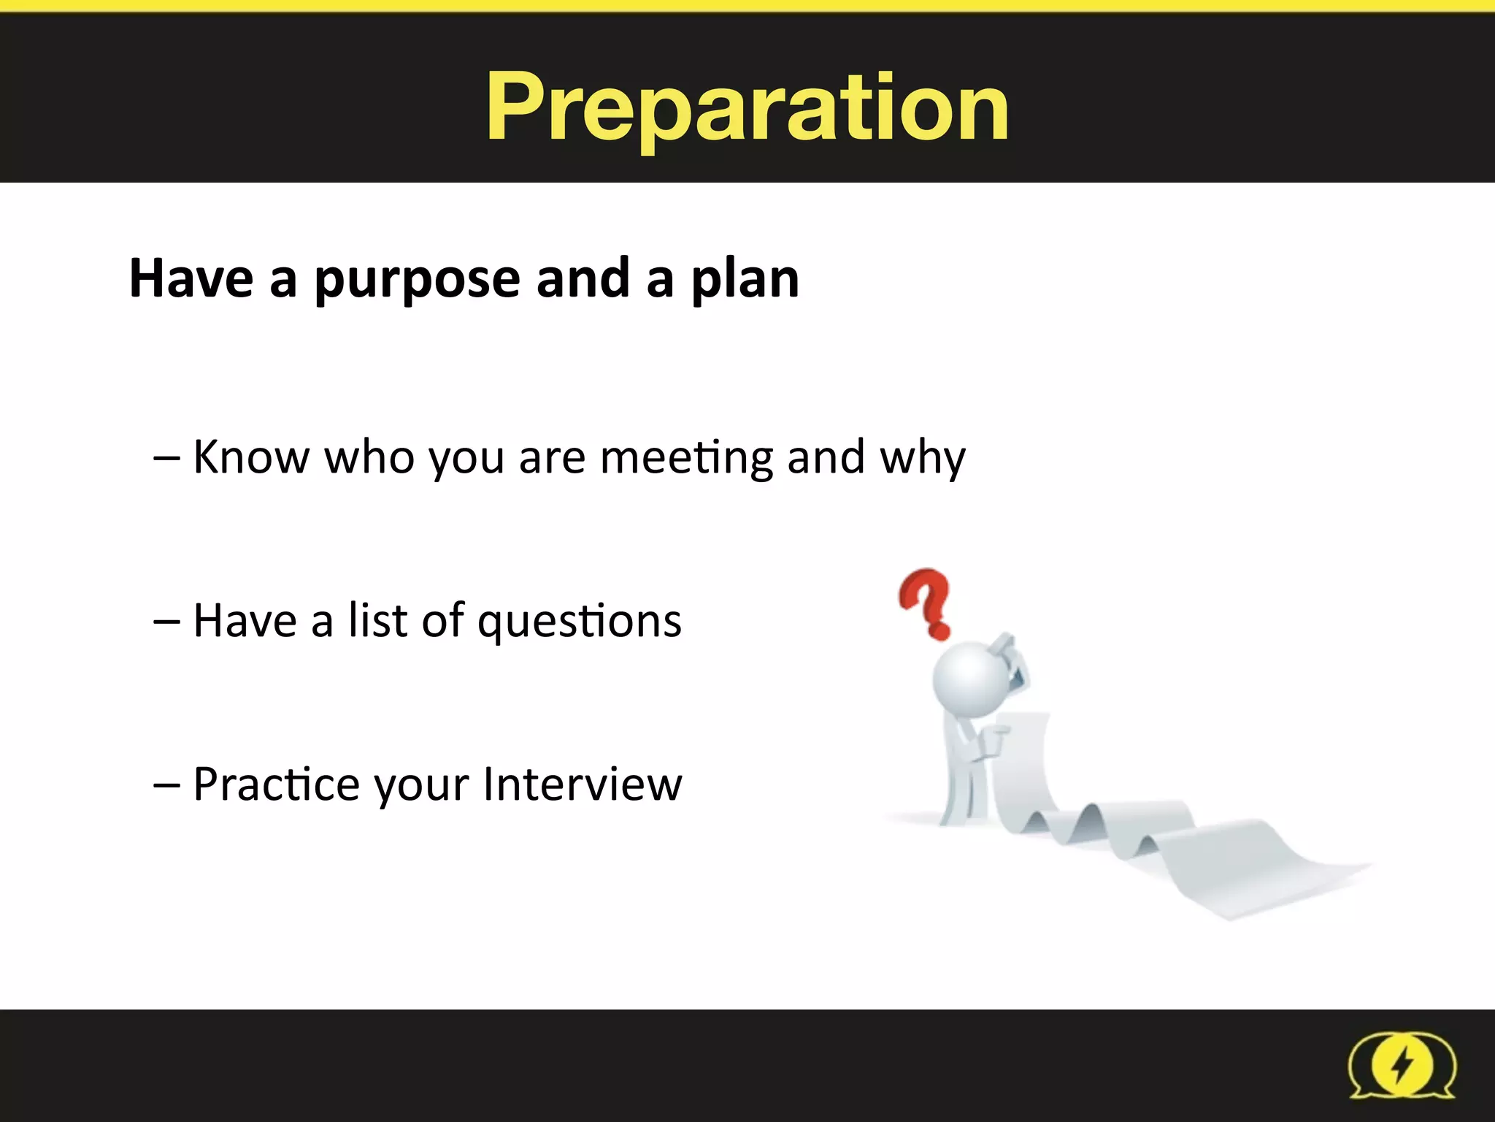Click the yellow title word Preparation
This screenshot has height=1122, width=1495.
pos(747,108)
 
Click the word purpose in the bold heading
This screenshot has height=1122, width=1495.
pos(418,280)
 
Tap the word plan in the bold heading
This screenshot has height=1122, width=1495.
pos(745,280)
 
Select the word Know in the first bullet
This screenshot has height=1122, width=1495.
pos(251,457)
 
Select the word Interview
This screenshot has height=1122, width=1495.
pos(583,784)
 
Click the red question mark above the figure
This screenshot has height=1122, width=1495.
pos(926,602)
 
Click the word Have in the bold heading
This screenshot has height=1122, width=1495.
pos(191,279)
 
